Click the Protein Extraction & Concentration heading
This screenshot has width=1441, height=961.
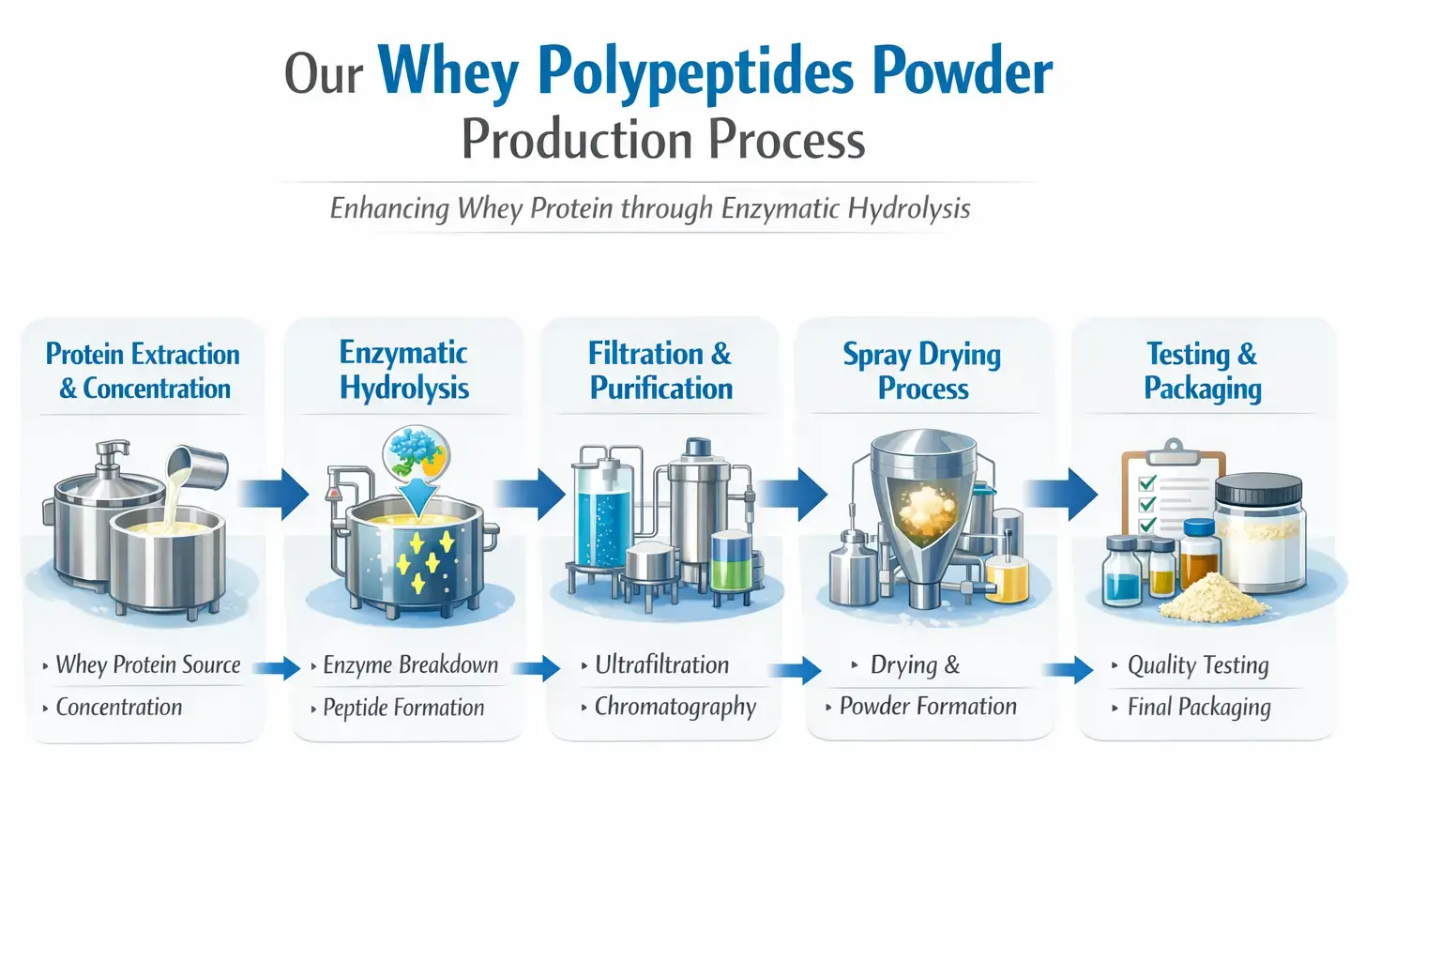tap(144, 371)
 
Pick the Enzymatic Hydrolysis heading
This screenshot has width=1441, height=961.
tap(404, 371)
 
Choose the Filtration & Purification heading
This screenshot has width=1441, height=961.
tap(660, 371)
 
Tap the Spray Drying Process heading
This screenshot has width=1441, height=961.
tap(922, 371)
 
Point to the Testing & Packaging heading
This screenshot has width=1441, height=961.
tap(1202, 371)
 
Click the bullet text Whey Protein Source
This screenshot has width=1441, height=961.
tap(148, 665)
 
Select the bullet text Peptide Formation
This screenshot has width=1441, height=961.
tap(403, 708)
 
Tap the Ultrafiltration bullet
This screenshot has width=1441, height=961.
tap(661, 665)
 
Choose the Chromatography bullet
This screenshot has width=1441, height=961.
tap(675, 707)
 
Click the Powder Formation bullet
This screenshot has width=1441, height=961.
tap(928, 707)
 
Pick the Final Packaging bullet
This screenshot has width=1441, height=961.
tap(1199, 708)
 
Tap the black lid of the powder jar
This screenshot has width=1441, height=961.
tap(1258, 489)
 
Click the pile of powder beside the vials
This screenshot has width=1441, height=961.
tap(1211, 597)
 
